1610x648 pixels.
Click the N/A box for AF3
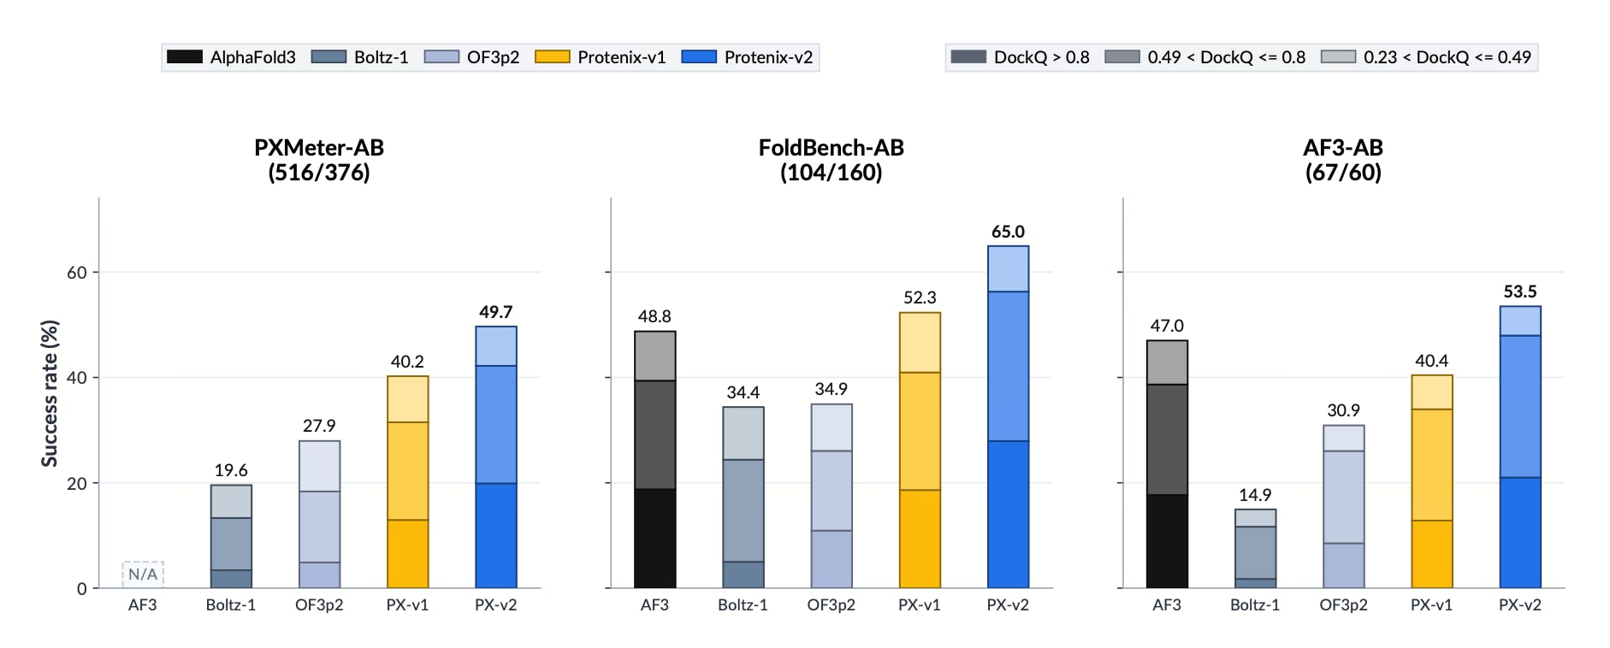(x=143, y=574)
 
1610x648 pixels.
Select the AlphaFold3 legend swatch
(x=184, y=57)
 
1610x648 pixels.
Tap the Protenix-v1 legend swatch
(x=552, y=57)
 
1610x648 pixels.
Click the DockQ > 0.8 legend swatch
(x=968, y=57)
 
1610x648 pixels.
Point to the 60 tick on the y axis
(x=77, y=273)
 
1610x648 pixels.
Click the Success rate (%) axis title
(x=50, y=393)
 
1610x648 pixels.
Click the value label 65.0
(x=1008, y=232)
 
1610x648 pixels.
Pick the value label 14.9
(x=1255, y=495)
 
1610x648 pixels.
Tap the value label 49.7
(x=496, y=312)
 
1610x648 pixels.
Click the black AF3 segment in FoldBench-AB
(x=655, y=539)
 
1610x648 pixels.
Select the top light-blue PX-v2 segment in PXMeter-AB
(x=496, y=346)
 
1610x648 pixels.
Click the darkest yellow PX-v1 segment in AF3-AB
(x=1432, y=554)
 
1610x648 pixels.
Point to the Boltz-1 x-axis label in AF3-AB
(x=1255, y=605)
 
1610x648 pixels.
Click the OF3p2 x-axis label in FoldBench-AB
(x=832, y=605)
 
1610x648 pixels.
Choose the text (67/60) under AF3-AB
(x=1343, y=173)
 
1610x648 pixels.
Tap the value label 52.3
(x=920, y=297)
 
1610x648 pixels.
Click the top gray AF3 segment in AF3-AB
(x=1167, y=362)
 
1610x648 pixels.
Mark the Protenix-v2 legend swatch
(x=699, y=57)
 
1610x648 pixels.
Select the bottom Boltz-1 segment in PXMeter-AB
(x=231, y=579)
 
